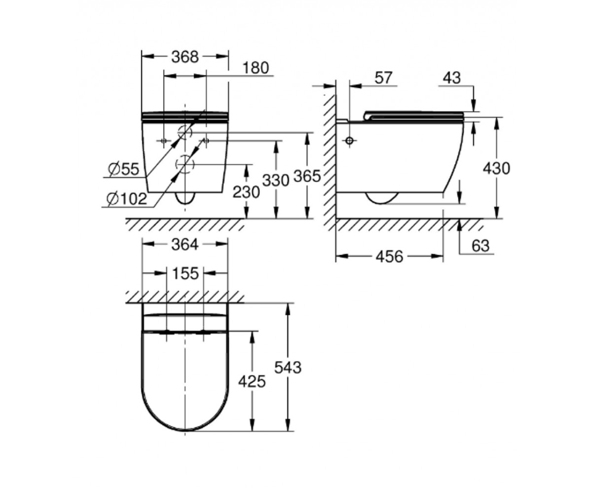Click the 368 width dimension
coord(185,57)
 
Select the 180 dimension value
coord(256,68)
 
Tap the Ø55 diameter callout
coord(124,169)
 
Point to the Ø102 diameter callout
coord(127,199)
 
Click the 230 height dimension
coord(246,192)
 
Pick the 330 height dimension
coord(276,180)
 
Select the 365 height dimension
coord(307,176)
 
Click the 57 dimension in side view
coord(383,78)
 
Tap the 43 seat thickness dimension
coord(452,78)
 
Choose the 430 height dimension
coord(496,168)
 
